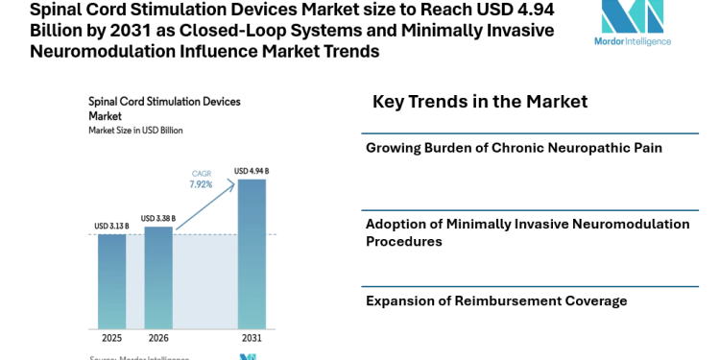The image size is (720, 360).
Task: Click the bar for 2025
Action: [111, 281]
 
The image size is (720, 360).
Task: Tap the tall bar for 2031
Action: [252, 254]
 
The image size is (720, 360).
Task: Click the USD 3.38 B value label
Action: [159, 218]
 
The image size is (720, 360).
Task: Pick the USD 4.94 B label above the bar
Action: [252, 172]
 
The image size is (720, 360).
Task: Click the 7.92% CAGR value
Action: [202, 183]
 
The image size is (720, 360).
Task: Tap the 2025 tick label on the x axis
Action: [112, 338]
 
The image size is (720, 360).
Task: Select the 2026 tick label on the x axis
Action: [158, 338]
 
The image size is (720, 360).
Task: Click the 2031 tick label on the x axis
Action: [252, 338]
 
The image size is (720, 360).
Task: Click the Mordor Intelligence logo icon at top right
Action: [632, 17]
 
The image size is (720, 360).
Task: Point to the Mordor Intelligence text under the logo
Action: [633, 41]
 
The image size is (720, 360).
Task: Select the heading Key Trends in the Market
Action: [479, 102]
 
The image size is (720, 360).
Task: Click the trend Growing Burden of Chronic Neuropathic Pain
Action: [514, 148]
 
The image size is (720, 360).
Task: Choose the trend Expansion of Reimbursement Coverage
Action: [496, 300]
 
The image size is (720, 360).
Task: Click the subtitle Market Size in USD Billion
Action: [135, 130]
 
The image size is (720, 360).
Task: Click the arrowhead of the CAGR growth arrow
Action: [235, 181]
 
